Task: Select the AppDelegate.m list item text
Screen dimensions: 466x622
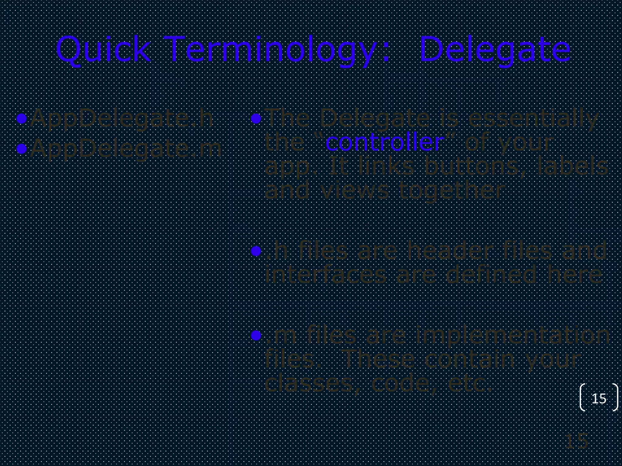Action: (x=126, y=149)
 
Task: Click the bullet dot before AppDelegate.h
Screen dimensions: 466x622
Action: (x=22, y=119)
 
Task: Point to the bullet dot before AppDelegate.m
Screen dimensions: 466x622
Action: (x=22, y=148)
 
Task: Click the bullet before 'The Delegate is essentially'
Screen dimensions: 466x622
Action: (x=256, y=119)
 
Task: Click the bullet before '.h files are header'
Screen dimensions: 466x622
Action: (x=256, y=251)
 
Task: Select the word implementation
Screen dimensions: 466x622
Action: (x=512, y=335)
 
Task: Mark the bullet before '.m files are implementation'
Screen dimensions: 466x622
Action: (x=256, y=335)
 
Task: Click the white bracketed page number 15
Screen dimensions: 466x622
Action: (x=599, y=398)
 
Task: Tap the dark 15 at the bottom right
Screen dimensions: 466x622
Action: (x=576, y=441)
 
